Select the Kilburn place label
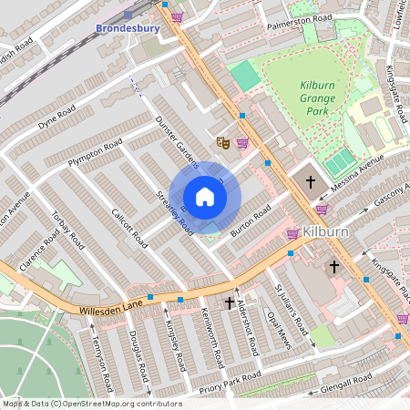click(328, 231)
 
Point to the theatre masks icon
click(221, 142)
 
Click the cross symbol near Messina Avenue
click(310, 182)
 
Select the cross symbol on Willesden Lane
click(230, 302)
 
